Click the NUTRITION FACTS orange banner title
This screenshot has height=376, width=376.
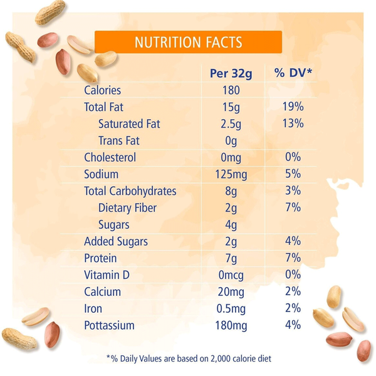tap(188, 42)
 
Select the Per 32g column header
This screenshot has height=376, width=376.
tap(231, 73)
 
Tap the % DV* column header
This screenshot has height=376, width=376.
tap(293, 73)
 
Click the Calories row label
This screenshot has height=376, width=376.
tap(102, 90)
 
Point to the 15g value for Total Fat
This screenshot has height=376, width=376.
tap(231, 107)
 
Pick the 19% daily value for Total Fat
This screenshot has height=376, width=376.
tap(293, 107)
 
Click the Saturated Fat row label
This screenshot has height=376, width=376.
tap(129, 124)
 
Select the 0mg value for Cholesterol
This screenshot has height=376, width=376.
tap(231, 158)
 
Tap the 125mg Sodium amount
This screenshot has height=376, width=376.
tap(231, 175)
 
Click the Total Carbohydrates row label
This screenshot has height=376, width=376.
tap(130, 191)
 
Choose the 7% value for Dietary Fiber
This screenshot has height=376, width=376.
tap(293, 207)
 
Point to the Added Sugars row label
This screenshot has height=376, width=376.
tap(116, 242)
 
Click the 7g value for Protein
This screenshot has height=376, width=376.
tap(231, 258)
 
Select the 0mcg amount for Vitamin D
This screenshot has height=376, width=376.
tap(231, 275)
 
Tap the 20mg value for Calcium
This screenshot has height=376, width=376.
tap(231, 292)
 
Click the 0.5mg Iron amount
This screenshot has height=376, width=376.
tap(231, 309)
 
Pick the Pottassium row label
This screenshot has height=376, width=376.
tap(109, 325)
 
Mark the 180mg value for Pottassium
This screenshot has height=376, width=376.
tap(231, 326)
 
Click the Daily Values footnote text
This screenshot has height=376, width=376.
tap(189, 358)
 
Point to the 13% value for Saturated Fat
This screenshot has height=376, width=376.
tap(293, 123)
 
